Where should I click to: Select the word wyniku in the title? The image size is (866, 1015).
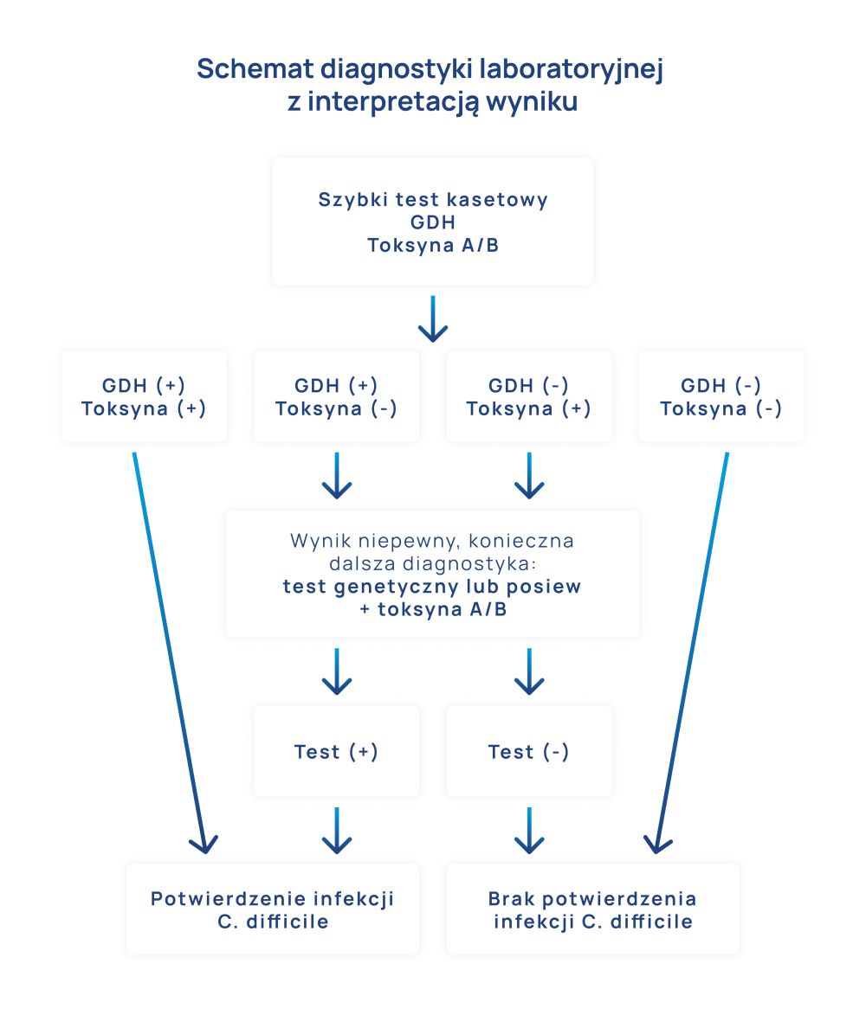[x=532, y=102]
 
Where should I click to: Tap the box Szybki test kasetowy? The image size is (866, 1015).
[x=432, y=222]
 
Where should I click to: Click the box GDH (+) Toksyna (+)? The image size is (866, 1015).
[x=144, y=396]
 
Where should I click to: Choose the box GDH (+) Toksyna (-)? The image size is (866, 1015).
[x=336, y=396]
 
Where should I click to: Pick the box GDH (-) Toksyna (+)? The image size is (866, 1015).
[x=528, y=396]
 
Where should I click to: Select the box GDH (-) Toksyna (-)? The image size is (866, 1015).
[x=721, y=396]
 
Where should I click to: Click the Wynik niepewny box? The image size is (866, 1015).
[x=432, y=575]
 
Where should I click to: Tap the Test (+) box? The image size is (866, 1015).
[x=336, y=751]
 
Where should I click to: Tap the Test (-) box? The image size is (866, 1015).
[x=528, y=751]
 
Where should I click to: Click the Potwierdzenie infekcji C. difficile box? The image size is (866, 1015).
[x=273, y=909]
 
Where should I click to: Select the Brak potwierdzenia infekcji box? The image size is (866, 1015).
[x=592, y=909]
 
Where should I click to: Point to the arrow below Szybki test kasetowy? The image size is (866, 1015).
[x=432, y=318]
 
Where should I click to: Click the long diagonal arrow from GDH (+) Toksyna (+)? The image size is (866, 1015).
[x=169, y=649]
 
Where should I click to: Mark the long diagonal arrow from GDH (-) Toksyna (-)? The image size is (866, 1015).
[x=693, y=649]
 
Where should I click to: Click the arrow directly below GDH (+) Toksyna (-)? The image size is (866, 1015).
[x=336, y=476]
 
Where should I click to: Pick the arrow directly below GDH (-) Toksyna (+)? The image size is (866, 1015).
[x=528, y=476]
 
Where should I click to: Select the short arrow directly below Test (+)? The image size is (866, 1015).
[x=336, y=831]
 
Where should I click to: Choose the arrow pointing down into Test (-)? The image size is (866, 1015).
[x=528, y=671]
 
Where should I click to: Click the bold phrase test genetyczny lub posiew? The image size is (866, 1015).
[x=432, y=587]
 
